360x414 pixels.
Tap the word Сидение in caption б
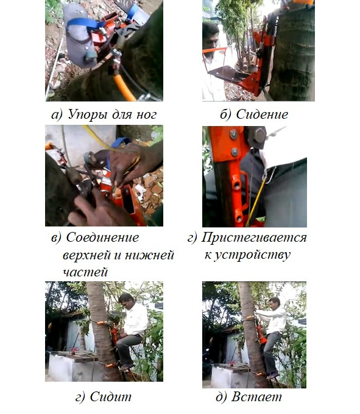262,114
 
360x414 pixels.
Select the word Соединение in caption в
102,237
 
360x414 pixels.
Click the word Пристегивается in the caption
254,237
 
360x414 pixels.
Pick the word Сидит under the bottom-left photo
111,396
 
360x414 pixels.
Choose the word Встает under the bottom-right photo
256,397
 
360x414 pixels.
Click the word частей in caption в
85,272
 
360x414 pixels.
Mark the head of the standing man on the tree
275,304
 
